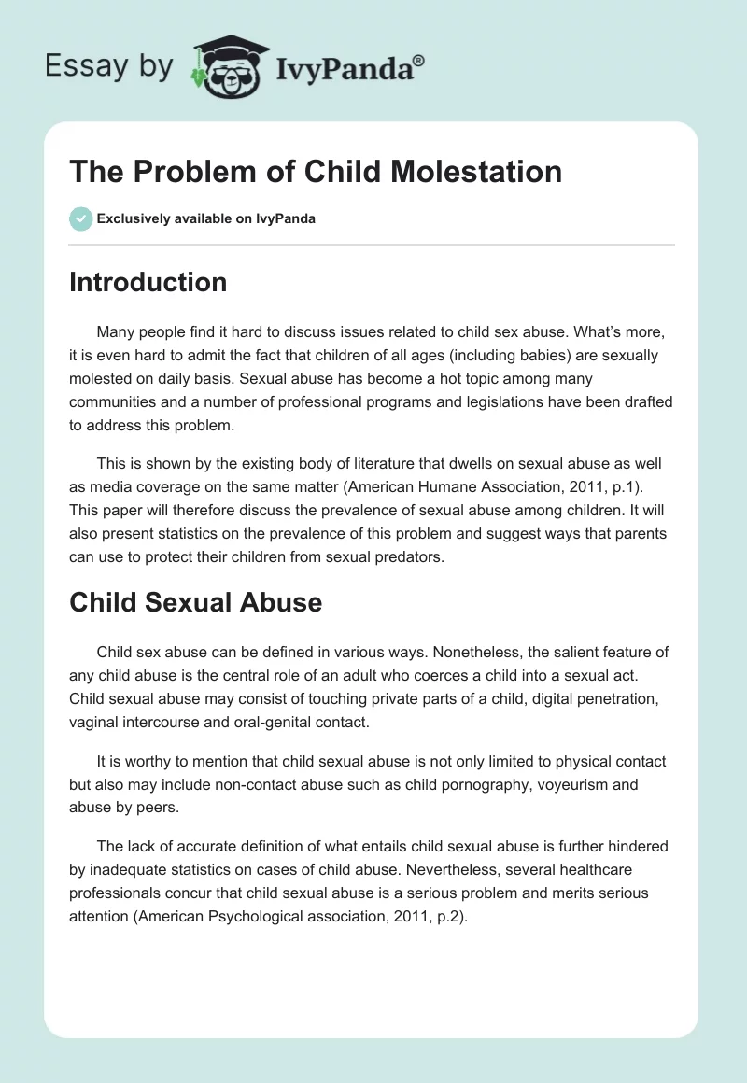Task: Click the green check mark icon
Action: (x=80, y=218)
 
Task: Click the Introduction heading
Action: (x=148, y=282)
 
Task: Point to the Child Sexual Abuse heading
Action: (x=195, y=603)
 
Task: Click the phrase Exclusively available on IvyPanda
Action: (x=206, y=218)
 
